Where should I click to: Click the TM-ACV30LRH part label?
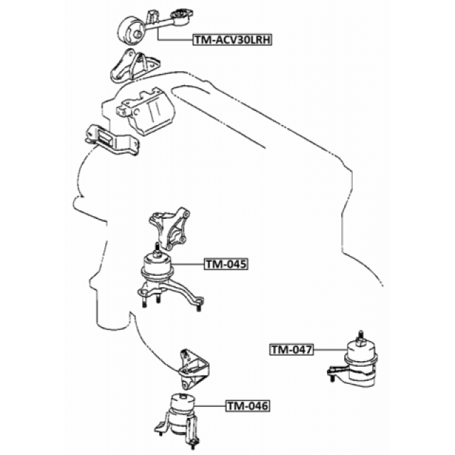click(x=233, y=39)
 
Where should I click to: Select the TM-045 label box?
click(x=226, y=264)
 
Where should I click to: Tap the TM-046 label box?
click(x=248, y=406)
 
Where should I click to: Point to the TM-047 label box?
click(x=292, y=350)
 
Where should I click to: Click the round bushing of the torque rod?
click(x=130, y=30)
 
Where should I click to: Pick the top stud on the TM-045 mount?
click(x=157, y=250)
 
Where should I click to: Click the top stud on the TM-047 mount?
click(x=360, y=337)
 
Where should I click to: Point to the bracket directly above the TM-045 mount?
click(x=169, y=228)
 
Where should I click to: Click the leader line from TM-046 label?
click(x=210, y=406)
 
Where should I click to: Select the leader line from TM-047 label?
click(x=330, y=350)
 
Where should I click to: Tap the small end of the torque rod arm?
click(x=181, y=16)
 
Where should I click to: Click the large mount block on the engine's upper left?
click(x=147, y=111)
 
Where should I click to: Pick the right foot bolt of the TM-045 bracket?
click(x=198, y=305)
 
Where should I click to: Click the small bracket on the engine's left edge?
click(x=111, y=140)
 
